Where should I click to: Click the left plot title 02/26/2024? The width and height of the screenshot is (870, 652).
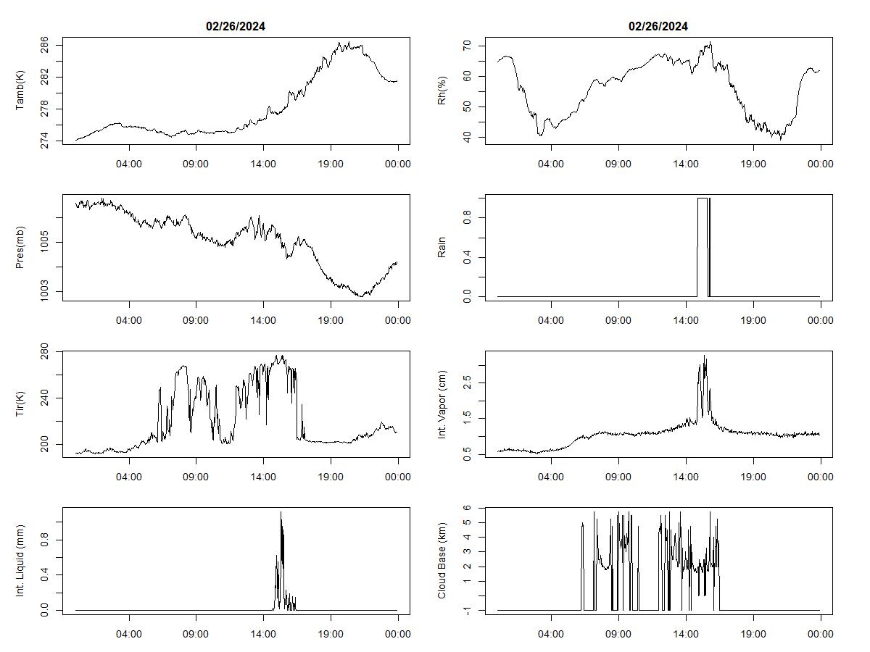(x=236, y=27)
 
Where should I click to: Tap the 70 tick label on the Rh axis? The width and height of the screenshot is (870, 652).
(x=468, y=45)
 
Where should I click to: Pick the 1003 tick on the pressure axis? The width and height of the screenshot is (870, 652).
(x=46, y=292)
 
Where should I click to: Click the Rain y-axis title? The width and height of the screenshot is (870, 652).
(x=442, y=248)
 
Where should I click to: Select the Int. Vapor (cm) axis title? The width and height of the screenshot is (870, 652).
(x=442, y=404)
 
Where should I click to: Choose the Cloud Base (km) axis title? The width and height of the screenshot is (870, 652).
(x=442, y=561)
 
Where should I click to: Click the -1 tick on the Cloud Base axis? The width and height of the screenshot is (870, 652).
(x=468, y=611)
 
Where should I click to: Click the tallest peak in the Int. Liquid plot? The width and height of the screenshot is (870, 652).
(x=281, y=513)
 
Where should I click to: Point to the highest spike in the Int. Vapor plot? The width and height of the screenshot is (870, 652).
(x=704, y=356)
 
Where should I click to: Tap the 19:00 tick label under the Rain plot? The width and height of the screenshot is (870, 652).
(x=753, y=320)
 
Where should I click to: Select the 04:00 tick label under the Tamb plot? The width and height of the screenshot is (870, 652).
(x=129, y=164)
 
